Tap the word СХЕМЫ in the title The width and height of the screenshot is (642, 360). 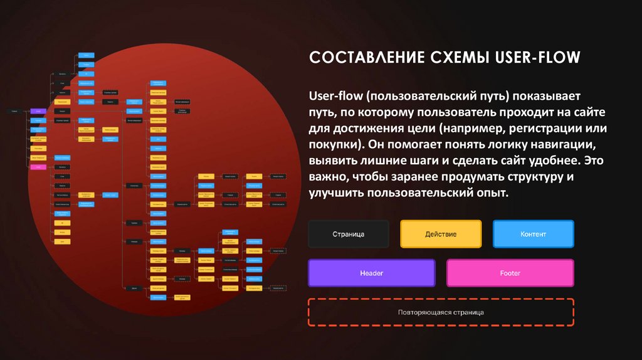[x=458, y=58]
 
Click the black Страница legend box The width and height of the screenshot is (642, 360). [x=348, y=234]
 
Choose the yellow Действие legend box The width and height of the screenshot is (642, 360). [x=440, y=234]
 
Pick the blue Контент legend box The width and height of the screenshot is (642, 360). [x=533, y=234]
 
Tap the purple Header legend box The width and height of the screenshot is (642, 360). [x=371, y=273]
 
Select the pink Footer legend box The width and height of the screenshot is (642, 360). [x=510, y=273]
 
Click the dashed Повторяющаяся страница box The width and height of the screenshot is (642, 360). [x=441, y=312]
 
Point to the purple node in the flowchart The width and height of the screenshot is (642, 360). [x=38, y=111]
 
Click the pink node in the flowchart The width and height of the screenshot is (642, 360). [x=38, y=167]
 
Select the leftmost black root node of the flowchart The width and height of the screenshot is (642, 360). [x=14, y=111]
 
